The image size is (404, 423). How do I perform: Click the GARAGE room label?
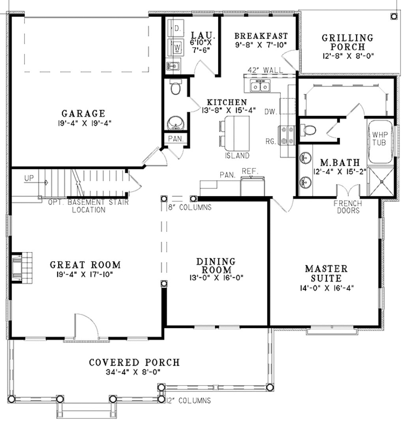83,114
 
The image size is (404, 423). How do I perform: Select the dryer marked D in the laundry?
176,28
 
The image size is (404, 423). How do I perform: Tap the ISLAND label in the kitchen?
237,155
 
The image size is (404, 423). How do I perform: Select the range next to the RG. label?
286,135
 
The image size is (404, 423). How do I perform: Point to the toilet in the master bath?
310,129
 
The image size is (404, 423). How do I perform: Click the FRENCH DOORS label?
347,207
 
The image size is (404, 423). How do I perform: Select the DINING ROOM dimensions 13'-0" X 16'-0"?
216,278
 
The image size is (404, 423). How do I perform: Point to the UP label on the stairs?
29,178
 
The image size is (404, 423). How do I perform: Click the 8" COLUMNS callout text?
190,207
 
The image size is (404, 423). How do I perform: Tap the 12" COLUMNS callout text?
188,401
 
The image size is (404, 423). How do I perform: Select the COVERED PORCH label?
134,362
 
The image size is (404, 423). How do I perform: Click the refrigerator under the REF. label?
253,185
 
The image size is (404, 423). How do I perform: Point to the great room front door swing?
87,326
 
